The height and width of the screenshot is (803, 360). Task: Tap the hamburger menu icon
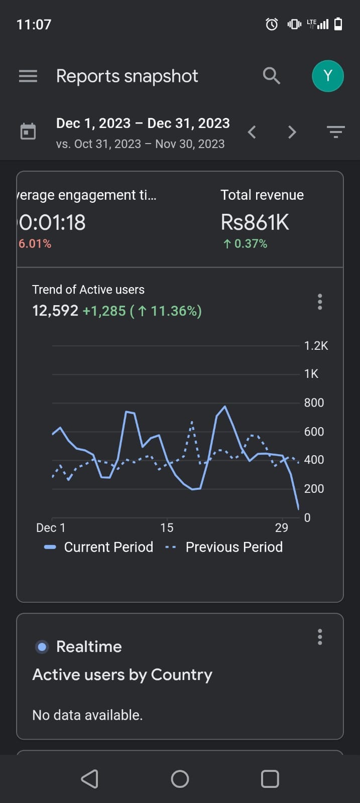pyautogui.click(x=28, y=76)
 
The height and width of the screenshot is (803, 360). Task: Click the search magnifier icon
pyautogui.click(x=271, y=76)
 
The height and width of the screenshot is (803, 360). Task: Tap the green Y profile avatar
pyautogui.click(x=328, y=76)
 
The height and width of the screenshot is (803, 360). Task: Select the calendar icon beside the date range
pyautogui.click(x=28, y=131)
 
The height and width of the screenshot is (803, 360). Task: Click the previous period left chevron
pyautogui.click(x=252, y=132)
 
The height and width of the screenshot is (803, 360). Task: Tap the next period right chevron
pyautogui.click(x=292, y=132)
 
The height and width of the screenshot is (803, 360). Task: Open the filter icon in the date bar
pyautogui.click(x=335, y=132)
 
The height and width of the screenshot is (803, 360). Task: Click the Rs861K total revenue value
pyautogui.click(x=255, y=223)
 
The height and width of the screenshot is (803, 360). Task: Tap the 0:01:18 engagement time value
pyautogui.click(x=52, y=223)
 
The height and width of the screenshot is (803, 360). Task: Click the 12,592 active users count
pyautogui.click(x=55, y=311)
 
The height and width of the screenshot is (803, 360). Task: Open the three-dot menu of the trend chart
pyautogui.click(x=320, y=302)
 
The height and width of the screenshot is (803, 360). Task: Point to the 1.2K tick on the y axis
pyautogui.click(x=316, y=346)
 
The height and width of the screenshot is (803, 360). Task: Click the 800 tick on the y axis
pyautogui.click(x=314, y=403)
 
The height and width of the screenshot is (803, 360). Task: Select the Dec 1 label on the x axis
pyautogui.click(x=51, y=527)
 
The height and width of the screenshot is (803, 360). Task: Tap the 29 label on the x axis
pyautogui.click(x=282, y=527)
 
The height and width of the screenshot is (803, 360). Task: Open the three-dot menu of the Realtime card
pyautogui.click(x=320, y=637)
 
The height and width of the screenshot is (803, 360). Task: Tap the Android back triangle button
pyautogui.click(x=90, y=779)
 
